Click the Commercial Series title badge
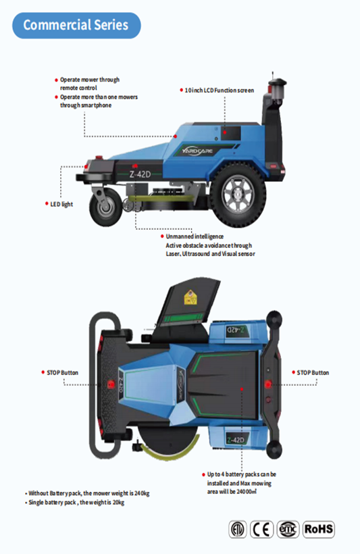pos(76,26)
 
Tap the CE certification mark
pos(262,529)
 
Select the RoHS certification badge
pos(319,529)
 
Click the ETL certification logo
pos(237,529)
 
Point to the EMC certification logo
pos(288,529)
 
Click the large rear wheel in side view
pos(237,195)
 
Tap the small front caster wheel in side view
pos(105,207)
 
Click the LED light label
pos(61,204)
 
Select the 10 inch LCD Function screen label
pos(219,91)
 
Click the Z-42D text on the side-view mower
pos(140,174)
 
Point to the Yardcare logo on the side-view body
pos(197,151)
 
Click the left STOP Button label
pos(63,373)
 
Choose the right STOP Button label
pos(313,373)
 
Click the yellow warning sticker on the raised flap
pos(190,297)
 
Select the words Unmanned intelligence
pos(195,236)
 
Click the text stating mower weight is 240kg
pos(88,493)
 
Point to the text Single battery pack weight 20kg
pos(76,503)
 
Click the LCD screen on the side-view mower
pos(230,134)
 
